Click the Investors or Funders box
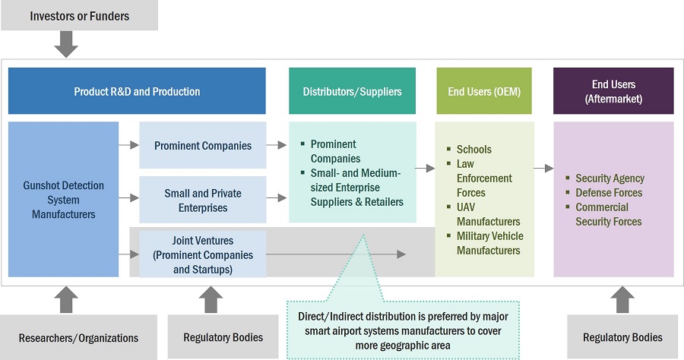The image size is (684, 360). click(78, 15)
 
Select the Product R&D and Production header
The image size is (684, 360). click(137, 91)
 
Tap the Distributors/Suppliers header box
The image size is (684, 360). click(352, 91)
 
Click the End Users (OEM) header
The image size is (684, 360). click(485, 91)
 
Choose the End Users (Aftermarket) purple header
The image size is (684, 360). click(613, 91)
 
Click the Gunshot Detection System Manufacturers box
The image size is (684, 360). click(63, 200)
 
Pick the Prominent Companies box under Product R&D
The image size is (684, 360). click(202, 145)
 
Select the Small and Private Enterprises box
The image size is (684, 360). click(202, 201)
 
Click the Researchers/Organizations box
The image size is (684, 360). click(78, 337)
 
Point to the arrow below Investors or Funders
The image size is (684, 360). click(67, 46)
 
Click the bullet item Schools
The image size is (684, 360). click(473, 150)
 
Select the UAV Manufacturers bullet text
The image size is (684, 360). click(488, 214)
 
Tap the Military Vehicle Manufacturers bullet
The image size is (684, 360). click(489, 243)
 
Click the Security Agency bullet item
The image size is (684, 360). click(610, 178)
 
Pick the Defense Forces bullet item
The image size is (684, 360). click(608, 193)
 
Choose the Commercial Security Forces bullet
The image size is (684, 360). click(608, 214)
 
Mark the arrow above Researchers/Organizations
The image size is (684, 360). click(66, 298)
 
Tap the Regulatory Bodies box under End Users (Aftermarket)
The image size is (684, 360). click(622, 337)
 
